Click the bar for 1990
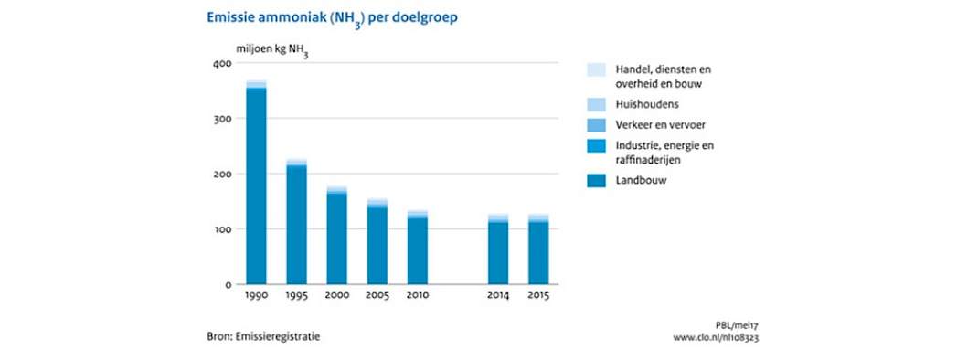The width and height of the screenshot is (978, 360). (x=256, y=182)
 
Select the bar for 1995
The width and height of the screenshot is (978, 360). (x=297, y=221)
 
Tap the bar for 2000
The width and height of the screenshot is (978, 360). (x=336, y=235)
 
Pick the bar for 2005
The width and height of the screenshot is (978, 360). (x=377, y=241)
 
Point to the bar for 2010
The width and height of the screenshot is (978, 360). (x=418, y=247)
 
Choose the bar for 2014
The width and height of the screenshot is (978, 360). (x=498, y=249)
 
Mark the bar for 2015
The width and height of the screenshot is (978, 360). (x=538, y=249)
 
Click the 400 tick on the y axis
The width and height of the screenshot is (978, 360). (x=223, y=64)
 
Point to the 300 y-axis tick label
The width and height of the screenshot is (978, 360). (x=223, y=119)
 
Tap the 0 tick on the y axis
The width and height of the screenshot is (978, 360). (x=229, y=284)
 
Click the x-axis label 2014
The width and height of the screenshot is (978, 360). (x=498, y=296)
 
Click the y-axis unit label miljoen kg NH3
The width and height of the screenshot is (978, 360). (x=272, y=49)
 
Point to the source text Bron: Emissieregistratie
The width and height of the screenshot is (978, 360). (x=263, y=336)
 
